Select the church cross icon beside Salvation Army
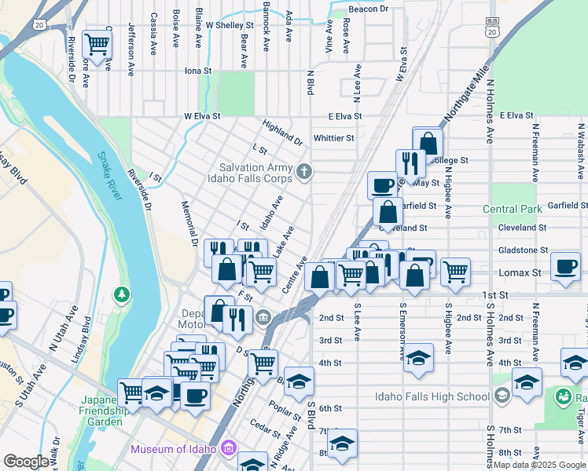pos(304,170)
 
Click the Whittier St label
pos(333,138)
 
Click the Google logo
pos(26,462)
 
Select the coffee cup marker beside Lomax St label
pos(566,265)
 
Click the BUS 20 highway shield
pos(492,28)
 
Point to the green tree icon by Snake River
pos(121,294)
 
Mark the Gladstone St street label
pos(523,250)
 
